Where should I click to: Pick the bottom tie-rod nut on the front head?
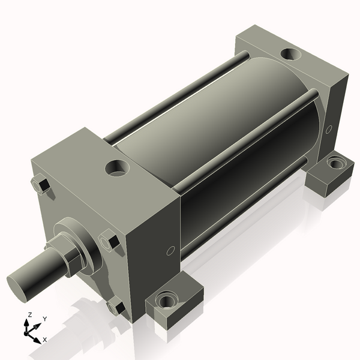pos(116,307)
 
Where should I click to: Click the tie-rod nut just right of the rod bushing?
pos(110,242)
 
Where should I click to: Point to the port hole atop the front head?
pos(116,167)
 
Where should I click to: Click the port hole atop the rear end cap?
pos(292,53)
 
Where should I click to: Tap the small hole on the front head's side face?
pos(170,250)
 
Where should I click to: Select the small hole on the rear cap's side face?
pos(328,129)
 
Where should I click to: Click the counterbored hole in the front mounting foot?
pos(165,301)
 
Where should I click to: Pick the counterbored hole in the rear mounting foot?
pos(334,162)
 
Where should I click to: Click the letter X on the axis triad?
pos(44,340)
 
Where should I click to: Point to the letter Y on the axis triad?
pos(44,319)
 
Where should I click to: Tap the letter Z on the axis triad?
pos(29,315)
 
